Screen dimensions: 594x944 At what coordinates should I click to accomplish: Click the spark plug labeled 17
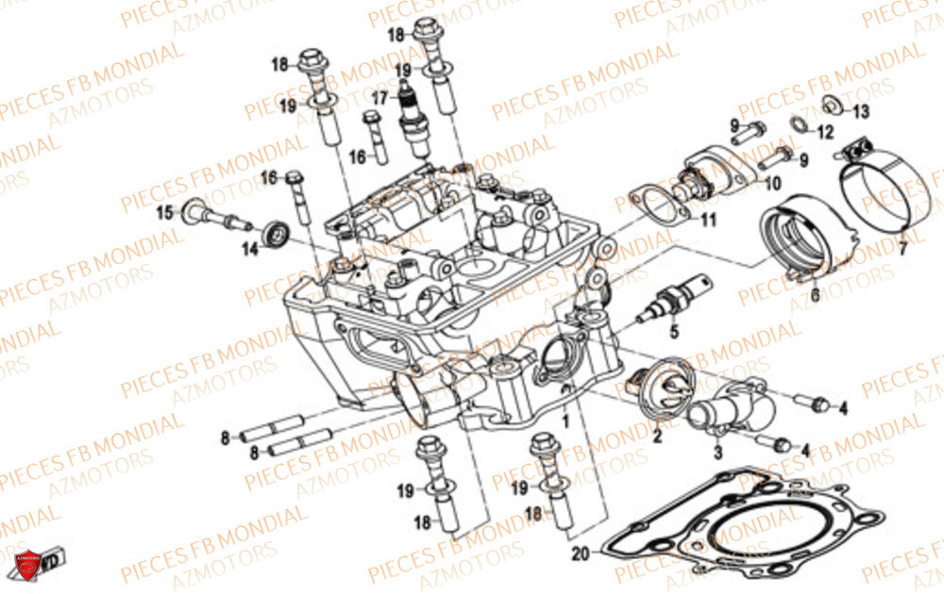coord(413,121)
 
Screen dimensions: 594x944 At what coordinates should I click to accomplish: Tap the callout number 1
coord(565,421)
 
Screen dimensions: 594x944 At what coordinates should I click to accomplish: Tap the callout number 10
coord(773,184)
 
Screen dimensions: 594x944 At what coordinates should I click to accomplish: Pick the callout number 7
coord(902,250)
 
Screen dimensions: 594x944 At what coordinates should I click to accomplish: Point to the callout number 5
coord(674,332)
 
